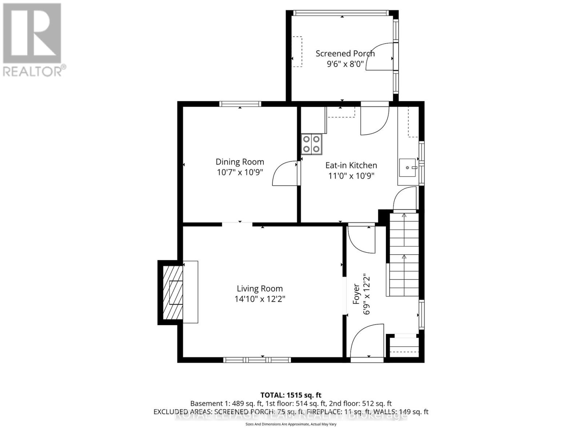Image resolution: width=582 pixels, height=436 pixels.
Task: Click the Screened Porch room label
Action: tap(345, 53)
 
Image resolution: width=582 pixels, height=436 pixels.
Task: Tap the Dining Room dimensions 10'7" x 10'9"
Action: tap(240, 172)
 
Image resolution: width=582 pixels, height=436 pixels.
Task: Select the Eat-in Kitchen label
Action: tap(351, 165)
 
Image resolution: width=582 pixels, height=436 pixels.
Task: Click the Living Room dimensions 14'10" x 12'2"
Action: tap(260, 299)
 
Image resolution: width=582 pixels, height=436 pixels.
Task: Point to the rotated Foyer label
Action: tap(356, 294)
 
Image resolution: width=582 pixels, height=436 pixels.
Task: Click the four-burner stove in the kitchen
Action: tap(311, 144)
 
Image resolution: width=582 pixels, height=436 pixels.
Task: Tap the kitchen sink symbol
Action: tap(408, 167)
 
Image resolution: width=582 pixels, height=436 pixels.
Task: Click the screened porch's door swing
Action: tap(380, 56)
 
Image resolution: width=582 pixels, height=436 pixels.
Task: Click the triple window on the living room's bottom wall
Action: tap(257, 360)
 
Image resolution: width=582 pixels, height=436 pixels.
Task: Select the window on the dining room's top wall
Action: tap(240, 104)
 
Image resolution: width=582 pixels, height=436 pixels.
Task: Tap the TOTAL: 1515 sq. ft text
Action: tap(291, 395)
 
